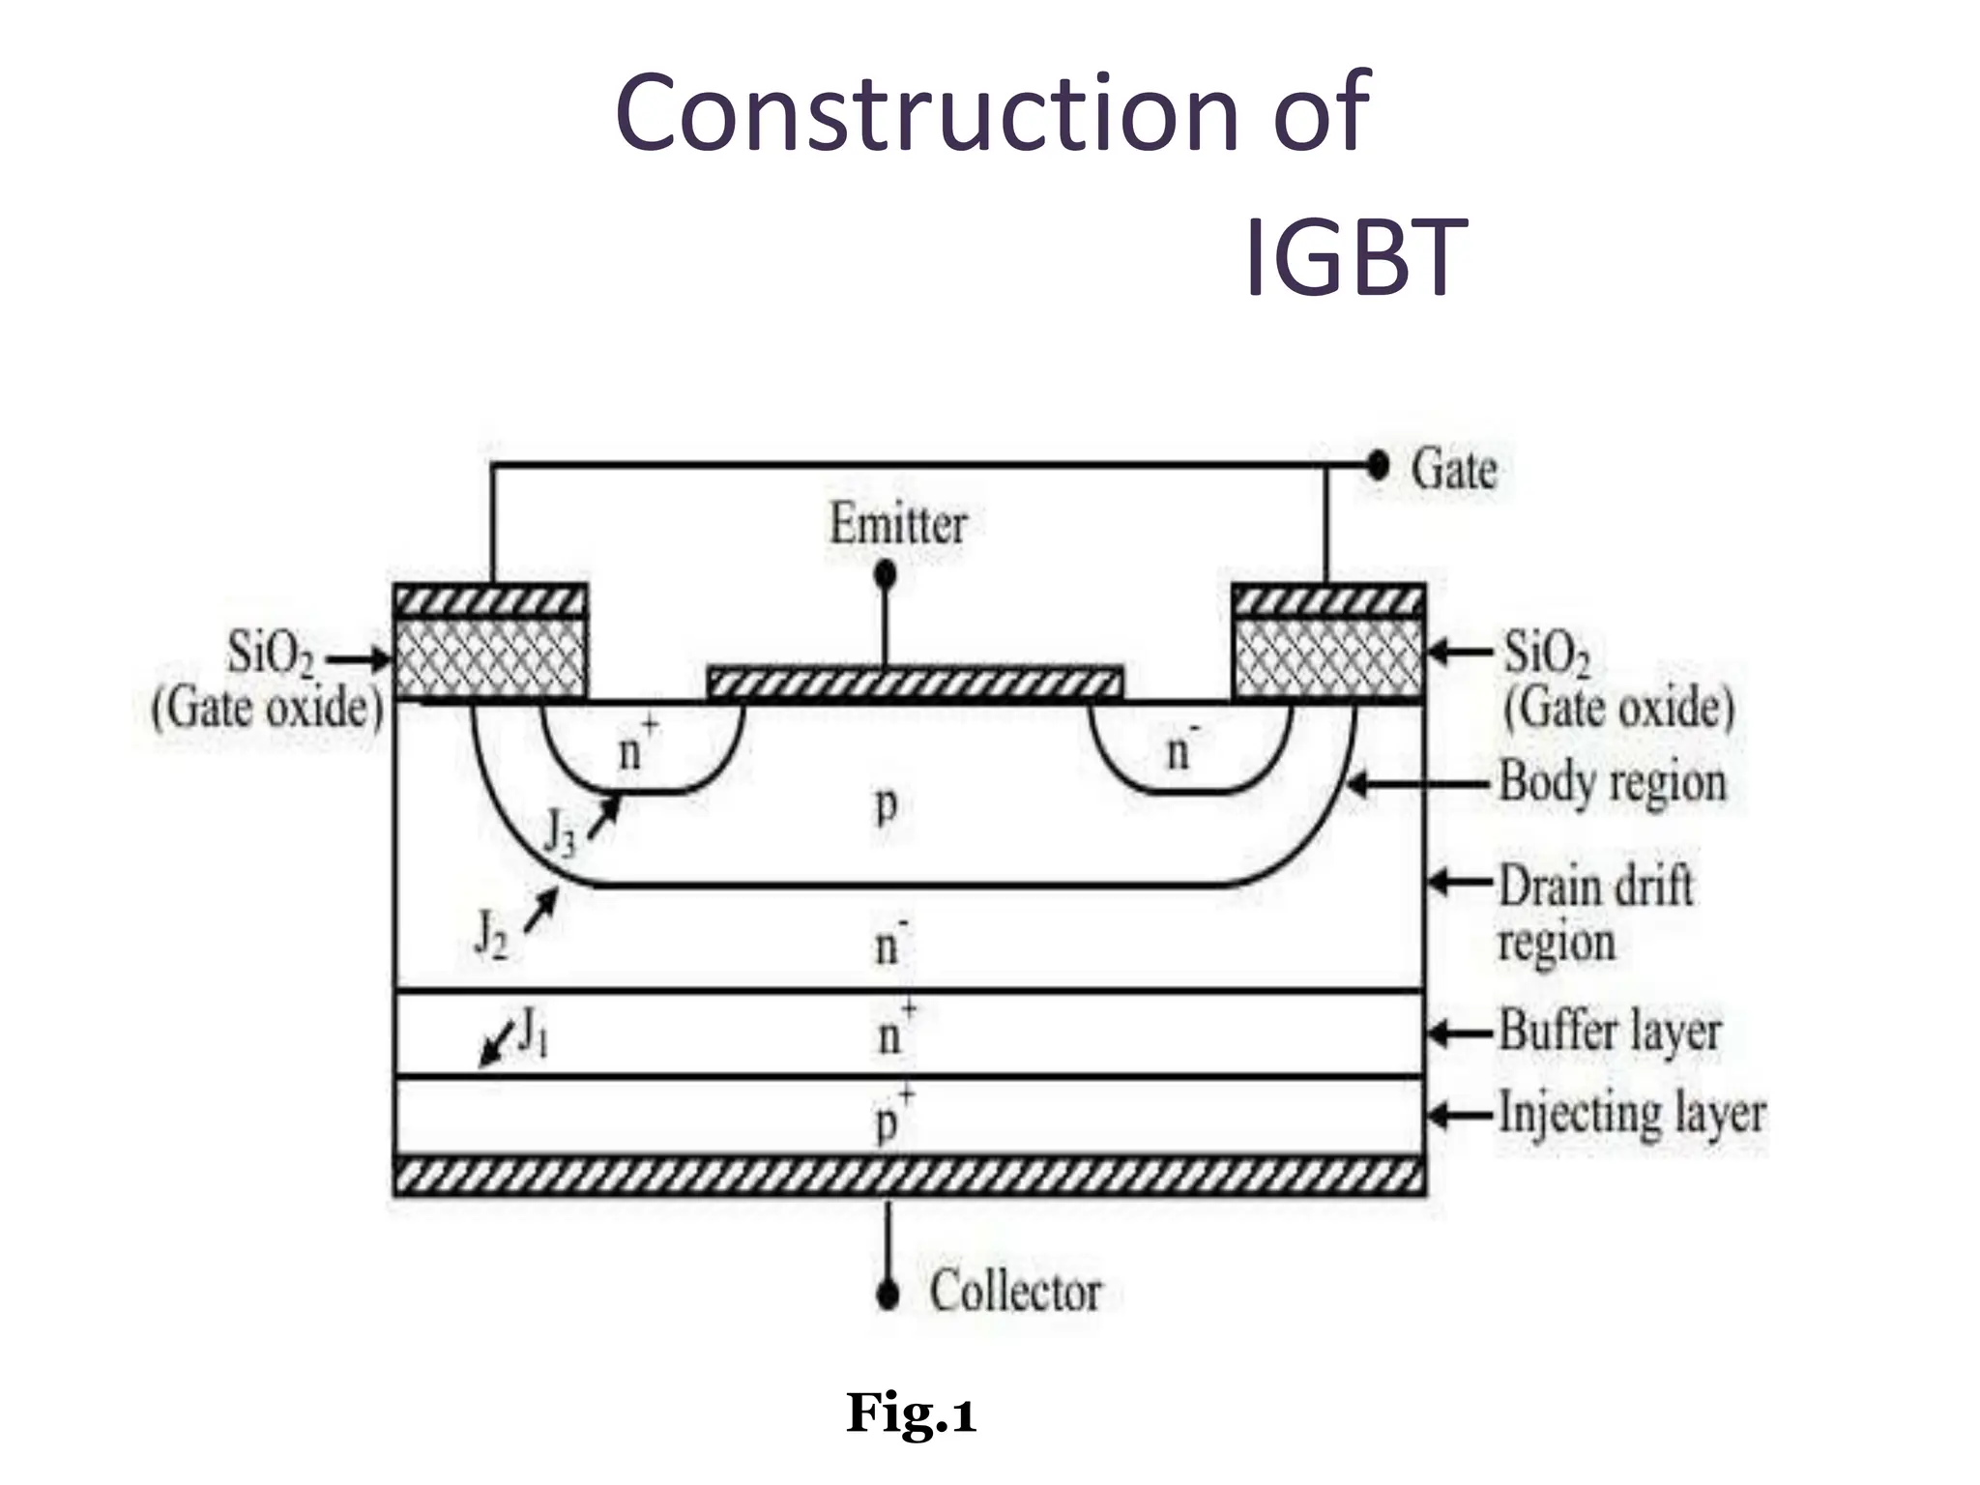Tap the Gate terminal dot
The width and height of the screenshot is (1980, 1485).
pyautogui.click(x=1377, y=467)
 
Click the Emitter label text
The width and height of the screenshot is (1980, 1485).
pyautogui.click(x=897, y=525)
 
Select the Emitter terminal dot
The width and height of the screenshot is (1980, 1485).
pyautogui.click(x=885, y=575)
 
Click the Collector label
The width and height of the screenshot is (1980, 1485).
pyautogui.click(x=1015, y=1292)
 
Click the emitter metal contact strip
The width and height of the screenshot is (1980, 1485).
pyautogui.click(x=915, y=684)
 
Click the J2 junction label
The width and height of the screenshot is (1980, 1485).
pyautogui.click(x=491, y=934)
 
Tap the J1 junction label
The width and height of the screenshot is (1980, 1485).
pyautogui.click(x=534, y=1032)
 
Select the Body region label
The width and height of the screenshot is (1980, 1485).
pyautogui.click(x=1612, y=782)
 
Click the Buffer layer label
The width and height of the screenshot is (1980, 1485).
pyautogui.click(x=1610, y=1031)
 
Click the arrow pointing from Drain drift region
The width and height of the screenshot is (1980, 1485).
pyautogui.click(x=1460, y=883)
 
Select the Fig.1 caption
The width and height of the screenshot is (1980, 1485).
pyautogui.click(x=911, y=1413)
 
